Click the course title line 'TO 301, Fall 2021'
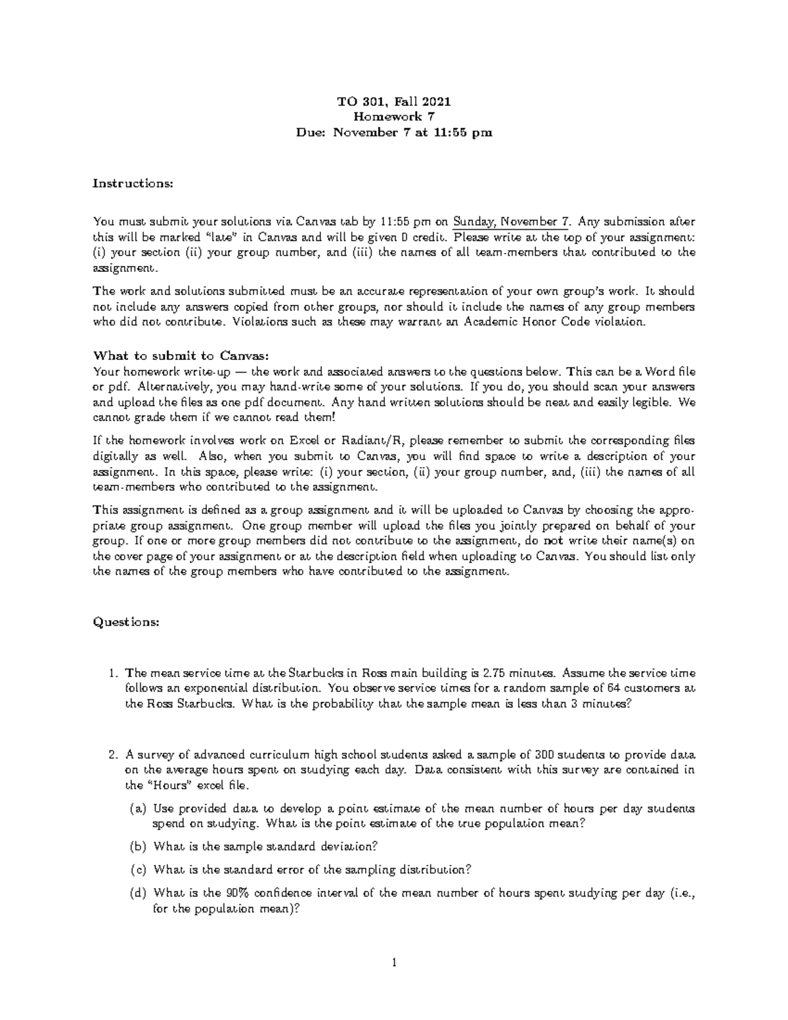pos(393,102)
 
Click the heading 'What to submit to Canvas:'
pos(181,356)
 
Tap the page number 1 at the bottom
pos(393,964)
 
